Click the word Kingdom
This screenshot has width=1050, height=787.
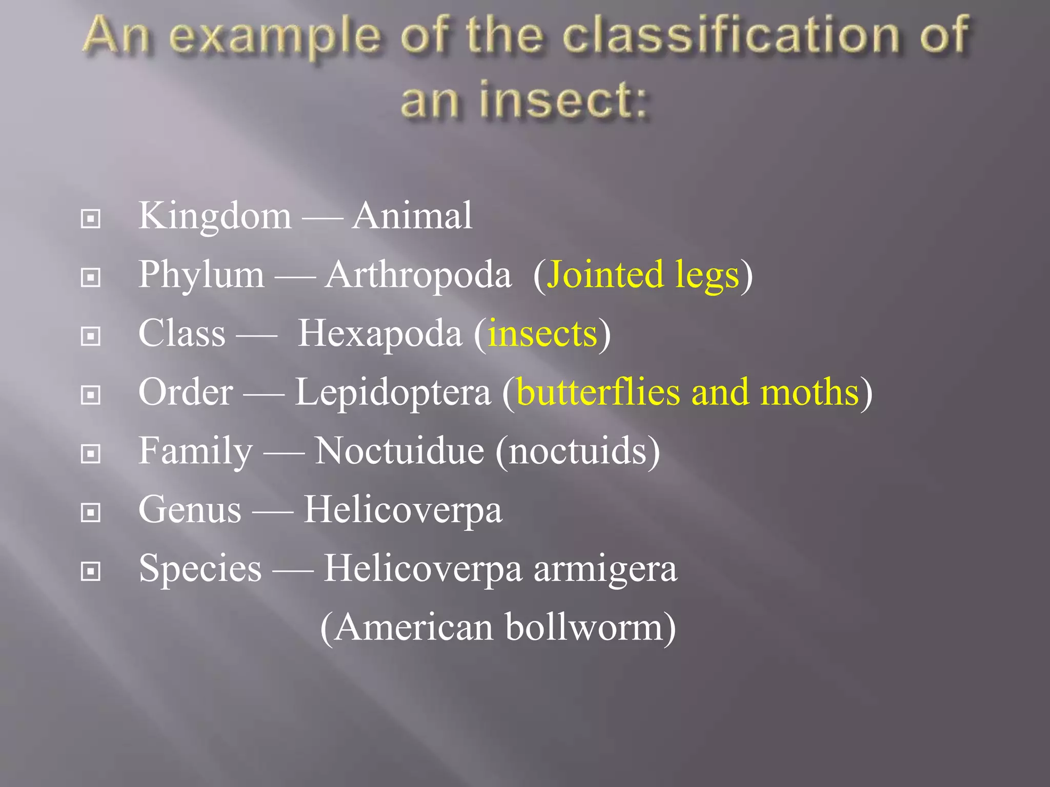(x=215, y=216)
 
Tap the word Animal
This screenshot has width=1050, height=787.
(x=412, y=216)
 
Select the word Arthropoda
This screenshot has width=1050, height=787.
(x=418, y=275)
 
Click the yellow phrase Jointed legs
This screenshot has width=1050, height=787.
(x=643, y=275)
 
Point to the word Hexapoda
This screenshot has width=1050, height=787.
(x=380, y=334)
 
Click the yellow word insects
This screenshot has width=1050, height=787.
(x=542, y=334)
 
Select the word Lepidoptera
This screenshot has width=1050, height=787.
(x=393, y=393)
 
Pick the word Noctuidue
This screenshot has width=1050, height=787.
(x=399, y=451)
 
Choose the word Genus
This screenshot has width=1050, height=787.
(x=190, y=510)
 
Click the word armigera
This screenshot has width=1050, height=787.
(x=605, y=569)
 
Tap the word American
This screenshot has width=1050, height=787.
(x=414, y=628)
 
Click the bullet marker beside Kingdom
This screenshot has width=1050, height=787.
(x=91, y=219)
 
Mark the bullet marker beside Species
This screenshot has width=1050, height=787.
(x=91, y=571)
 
